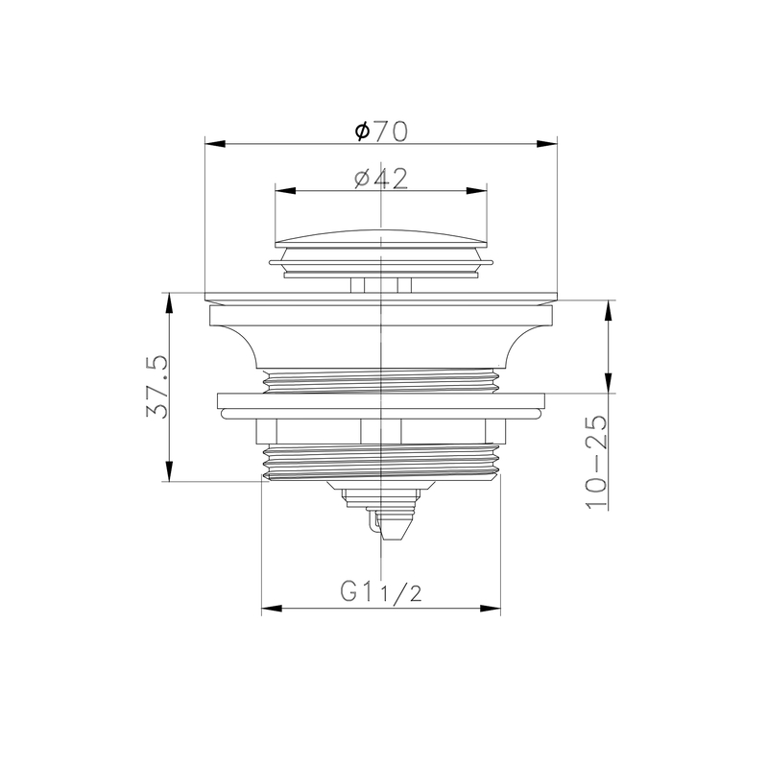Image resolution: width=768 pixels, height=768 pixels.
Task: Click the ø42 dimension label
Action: pyautogui.click(x=381, y=178)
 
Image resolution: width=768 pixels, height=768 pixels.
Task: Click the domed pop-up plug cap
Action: pyautogui.click(x=382, y=236)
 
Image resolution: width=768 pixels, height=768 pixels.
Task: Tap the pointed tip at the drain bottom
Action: pyautogui.click(x=394, y=533)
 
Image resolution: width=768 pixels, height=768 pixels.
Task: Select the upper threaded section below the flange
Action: pyautogui.click(x=382, y=380)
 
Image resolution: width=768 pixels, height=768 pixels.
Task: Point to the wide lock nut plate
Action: pyautogui.click(x=382, y=405)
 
